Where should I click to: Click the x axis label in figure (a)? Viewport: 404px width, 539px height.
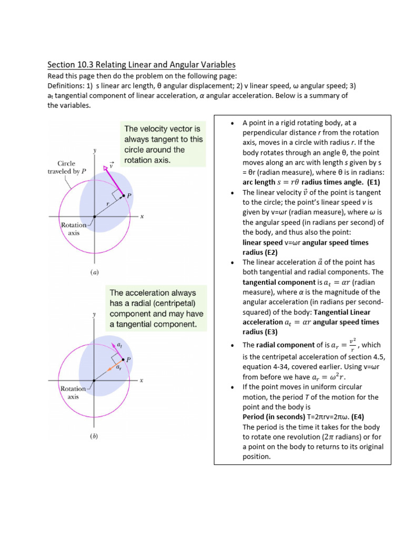pos(142,216)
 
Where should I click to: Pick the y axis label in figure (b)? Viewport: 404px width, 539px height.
pos(94,314)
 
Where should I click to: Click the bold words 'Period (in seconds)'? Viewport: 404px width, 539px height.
pos(274,417)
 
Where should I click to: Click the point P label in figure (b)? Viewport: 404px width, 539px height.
pos(129,360)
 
